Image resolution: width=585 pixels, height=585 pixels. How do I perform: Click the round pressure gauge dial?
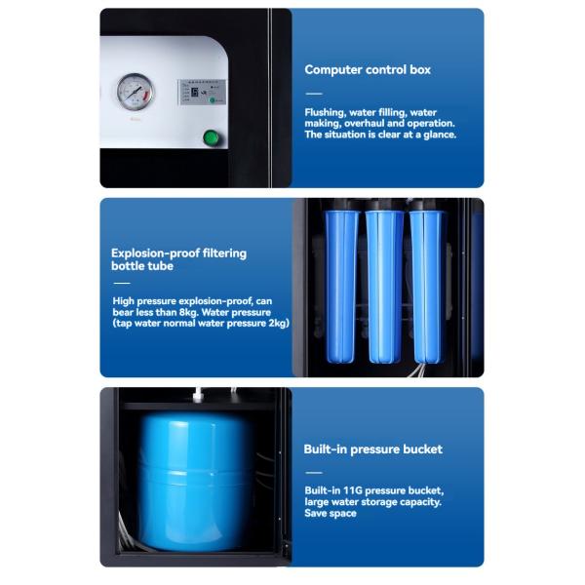point(135,93)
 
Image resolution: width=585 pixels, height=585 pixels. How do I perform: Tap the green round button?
point(211,137)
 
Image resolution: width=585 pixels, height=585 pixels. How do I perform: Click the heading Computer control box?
point(368,70)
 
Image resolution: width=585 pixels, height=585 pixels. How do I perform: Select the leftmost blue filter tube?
point(340,284)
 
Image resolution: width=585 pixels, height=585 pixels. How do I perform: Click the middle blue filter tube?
point(384,284)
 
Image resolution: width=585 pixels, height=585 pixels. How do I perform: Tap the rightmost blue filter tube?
point(427,284)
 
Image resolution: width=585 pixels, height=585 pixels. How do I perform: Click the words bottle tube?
point(142,266)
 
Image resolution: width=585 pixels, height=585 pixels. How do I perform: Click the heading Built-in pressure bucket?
point(372,449)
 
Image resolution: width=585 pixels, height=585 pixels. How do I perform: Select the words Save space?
point(331,514)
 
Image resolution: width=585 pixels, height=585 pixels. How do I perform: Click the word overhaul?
point(376,124)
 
